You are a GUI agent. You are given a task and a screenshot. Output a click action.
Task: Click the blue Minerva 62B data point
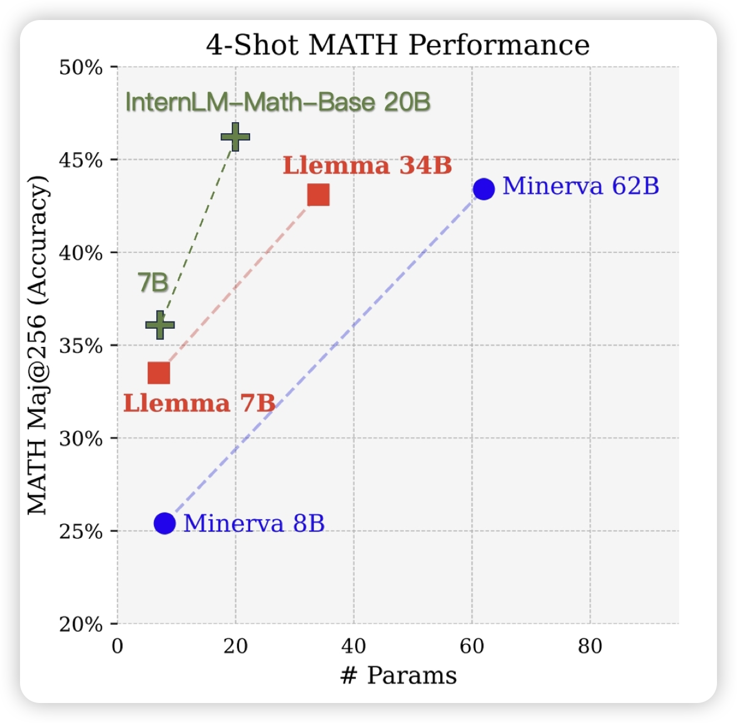[x=484, y=189]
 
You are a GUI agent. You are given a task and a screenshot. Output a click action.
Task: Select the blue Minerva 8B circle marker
[x=165, y=523]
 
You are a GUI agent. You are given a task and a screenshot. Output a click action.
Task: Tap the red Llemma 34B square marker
[x=318, y=195]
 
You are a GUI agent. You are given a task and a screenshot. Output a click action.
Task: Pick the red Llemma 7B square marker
[x=159, y=373]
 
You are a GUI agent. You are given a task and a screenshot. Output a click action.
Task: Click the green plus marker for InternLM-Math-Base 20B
[x=235, y=137]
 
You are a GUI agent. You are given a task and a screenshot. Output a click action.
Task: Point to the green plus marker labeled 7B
[x=160, y=325]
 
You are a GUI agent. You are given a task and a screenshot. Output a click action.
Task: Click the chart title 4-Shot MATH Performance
[x=397, y=45]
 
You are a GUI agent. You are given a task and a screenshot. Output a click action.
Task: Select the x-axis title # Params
[x=398, y=675]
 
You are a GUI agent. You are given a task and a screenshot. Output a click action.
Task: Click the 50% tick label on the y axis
[x=81, y=68]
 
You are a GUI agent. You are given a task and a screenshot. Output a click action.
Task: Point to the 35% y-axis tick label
[x=81, y=346]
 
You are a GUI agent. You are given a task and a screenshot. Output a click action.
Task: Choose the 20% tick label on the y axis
[x=81, y=625]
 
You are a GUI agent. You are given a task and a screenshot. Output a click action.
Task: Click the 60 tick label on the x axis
[x=472, y=646]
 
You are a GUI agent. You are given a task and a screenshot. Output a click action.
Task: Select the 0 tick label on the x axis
[x=117, y=646]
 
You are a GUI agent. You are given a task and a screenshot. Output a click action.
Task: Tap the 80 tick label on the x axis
[x=590, y=646]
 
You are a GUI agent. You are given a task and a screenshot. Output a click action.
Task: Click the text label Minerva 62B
[x=580, y=186]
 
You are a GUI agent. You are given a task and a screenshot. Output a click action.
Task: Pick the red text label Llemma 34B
[x=367, y=165]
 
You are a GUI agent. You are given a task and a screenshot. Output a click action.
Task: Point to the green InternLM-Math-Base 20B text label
[x=278, y=102]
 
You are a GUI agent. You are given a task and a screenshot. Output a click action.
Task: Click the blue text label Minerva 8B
[x=254, y=523]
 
